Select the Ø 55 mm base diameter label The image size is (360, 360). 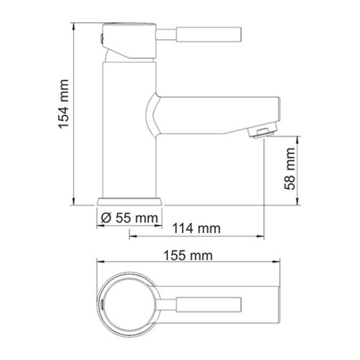[128, 218]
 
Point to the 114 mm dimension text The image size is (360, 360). [197, 229]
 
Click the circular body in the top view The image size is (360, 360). [130, 303]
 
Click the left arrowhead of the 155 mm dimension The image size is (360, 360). [100, 262]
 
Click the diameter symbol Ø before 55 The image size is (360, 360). [105, 218]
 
